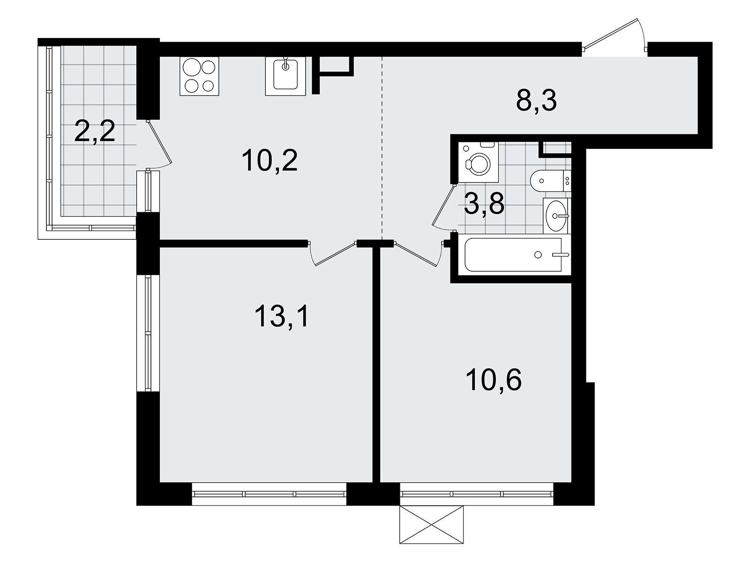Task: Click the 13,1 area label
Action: (281, 316)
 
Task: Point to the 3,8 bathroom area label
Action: (484, 204)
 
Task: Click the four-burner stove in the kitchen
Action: (199, 76)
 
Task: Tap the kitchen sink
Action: (285, 76)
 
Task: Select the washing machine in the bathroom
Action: (478, 163)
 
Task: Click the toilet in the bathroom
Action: (550, 181)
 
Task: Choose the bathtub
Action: (513, 255)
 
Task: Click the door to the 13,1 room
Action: (333, 253)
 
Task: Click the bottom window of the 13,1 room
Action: (269, 494)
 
